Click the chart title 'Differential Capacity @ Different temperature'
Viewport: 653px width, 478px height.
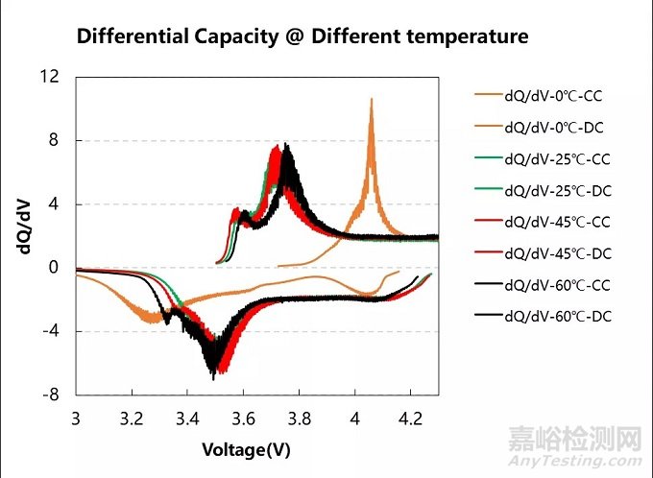click(x=302, y=37)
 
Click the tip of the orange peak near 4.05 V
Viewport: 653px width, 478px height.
click(x=371, y=99)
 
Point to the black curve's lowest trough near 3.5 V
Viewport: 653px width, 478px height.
click(x=213, y=378)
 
